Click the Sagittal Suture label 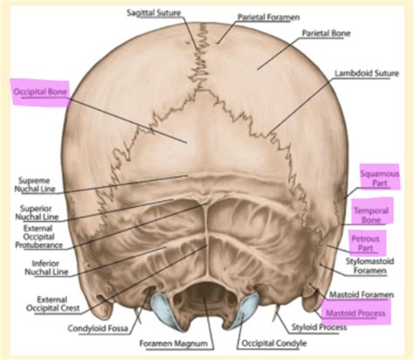point(154,13)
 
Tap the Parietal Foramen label point(268,17)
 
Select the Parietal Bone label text point(326,33)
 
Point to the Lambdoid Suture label point(367,73)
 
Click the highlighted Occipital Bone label point(40,92)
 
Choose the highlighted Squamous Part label point(380,178)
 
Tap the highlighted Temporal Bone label point(371,215)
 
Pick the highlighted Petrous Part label point(365,243)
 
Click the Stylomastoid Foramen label point(369,266)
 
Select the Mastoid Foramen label point(362,294)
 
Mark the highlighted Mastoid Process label point(355,313)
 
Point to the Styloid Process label point(319,327)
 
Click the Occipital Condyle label point(274,343)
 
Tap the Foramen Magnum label point(174,343)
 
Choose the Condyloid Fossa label point(98,329)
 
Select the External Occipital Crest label point(53,304)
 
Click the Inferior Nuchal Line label point(46,267)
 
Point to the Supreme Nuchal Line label point(35,184)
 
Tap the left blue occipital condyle point(163,312)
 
